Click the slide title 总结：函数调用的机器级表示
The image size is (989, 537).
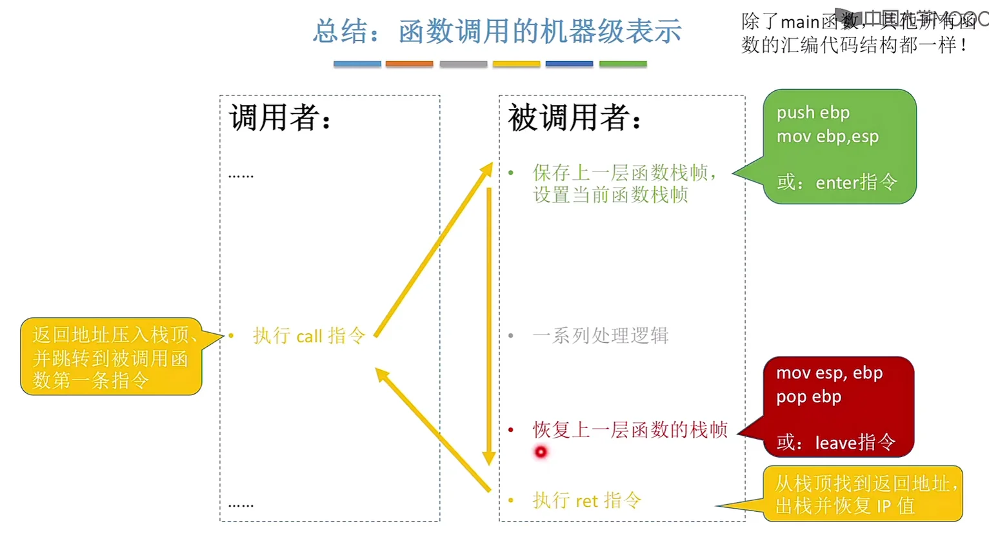pos(497,31)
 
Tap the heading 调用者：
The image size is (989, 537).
pos(281,117)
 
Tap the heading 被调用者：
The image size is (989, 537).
pos(575,117)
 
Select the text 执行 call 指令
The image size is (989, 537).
pos(309,335)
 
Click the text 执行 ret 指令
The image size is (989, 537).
pos(586,500)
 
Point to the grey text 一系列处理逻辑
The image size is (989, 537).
pos(600,335)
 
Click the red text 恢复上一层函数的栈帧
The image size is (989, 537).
pos(630,429)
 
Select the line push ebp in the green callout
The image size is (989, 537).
pos(813,112)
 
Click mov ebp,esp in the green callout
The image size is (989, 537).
pos(827,136)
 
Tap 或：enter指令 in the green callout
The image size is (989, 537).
pos(837,182)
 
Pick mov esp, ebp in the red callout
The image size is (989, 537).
pos(829,373)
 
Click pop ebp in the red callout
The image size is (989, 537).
pos(808,396)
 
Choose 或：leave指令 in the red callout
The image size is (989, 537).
pos(835,442)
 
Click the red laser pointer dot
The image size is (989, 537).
pos(541,452)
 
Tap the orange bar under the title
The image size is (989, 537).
pos(409,64)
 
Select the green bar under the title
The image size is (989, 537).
pos(623,64)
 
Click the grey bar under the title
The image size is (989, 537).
pos(463,64)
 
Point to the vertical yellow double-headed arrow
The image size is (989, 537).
pos(489,322)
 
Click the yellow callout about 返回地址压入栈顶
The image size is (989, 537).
pos(111,356)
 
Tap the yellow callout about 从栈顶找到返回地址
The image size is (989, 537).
pos(863,494)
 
